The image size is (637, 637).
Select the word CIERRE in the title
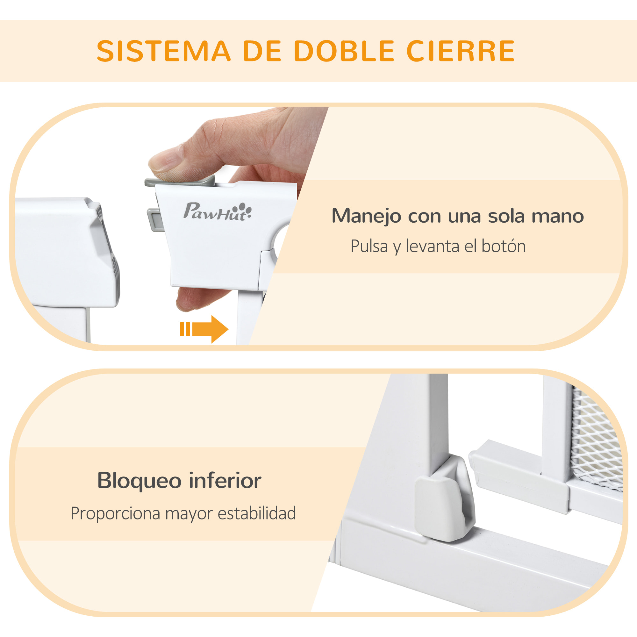coord(461,51)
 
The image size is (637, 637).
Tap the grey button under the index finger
coord(180,182)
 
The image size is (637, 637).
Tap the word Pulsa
coord(369,246)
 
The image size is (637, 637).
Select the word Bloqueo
coord(139,481)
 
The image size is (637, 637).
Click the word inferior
coord(225,481)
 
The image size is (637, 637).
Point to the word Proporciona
coord(115,514)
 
